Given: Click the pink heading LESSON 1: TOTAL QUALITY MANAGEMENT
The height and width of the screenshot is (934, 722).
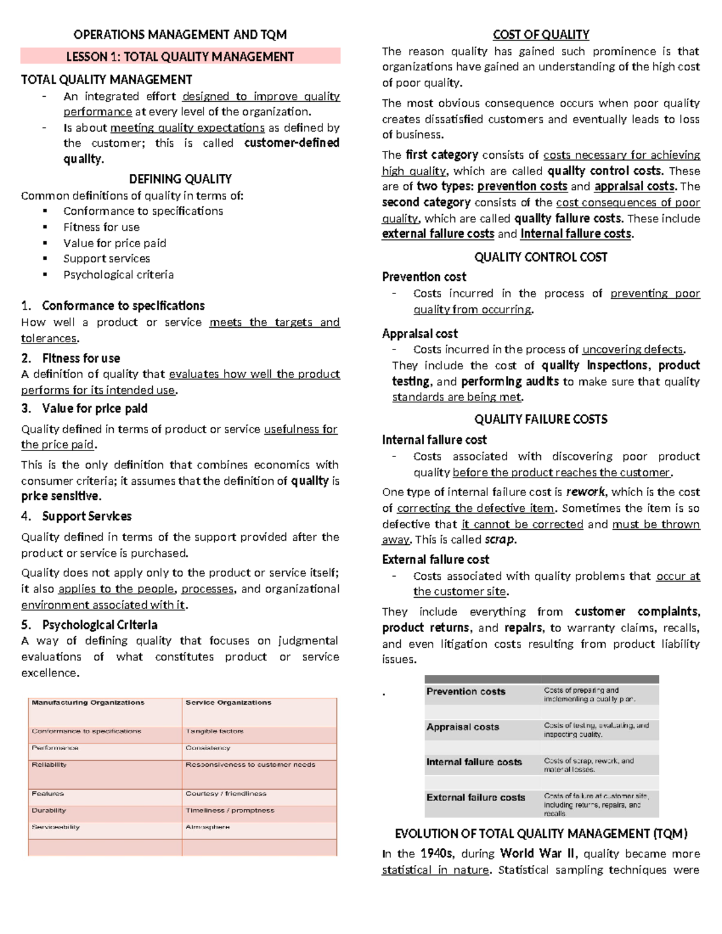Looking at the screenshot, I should pyautogui.click(x=180, y=57).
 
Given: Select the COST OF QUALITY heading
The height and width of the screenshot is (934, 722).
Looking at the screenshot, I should pyautogui.click(x=540, y=35).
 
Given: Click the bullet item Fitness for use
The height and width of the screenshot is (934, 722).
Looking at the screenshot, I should pyautogui.click(x=101, y=227).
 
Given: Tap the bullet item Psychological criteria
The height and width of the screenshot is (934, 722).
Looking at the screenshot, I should pyautogui.click(x=119, y=275).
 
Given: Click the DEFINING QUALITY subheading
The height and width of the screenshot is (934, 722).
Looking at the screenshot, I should pyautogui.click(x=180, y=179).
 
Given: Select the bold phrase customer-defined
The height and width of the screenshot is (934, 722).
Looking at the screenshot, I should pyautogui.click(x=292, y=143).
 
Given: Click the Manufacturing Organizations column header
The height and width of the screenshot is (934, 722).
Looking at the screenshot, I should pyautogui.click(x=88, y=702).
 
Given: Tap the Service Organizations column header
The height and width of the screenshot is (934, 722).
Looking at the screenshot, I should pyautogui.click(x=228, y=702).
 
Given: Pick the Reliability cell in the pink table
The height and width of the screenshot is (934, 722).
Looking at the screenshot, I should pyautogui.click(x=49, y=764).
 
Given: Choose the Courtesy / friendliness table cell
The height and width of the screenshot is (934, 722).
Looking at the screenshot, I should pyautogui.click(x=226, y=794).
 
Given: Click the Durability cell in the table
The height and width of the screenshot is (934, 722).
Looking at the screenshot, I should pyautogui.click(x=49, y=811).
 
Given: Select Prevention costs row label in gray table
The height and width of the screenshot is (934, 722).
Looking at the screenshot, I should pyautogui.click(x=466, y=692).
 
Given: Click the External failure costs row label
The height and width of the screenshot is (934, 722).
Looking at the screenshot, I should pyautogui.click(x=475, y=797).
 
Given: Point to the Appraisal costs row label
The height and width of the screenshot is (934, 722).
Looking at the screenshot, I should pyautogui.click(x=463, y=727).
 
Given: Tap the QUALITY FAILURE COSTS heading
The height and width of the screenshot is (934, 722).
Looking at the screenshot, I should pyautogui.click(x=540, y=419).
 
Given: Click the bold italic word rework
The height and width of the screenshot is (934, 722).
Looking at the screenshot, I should pyautogui.click(x=585, y=492).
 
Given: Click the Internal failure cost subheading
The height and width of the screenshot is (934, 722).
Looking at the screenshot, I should pyautogui.click(x=434, y=440).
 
